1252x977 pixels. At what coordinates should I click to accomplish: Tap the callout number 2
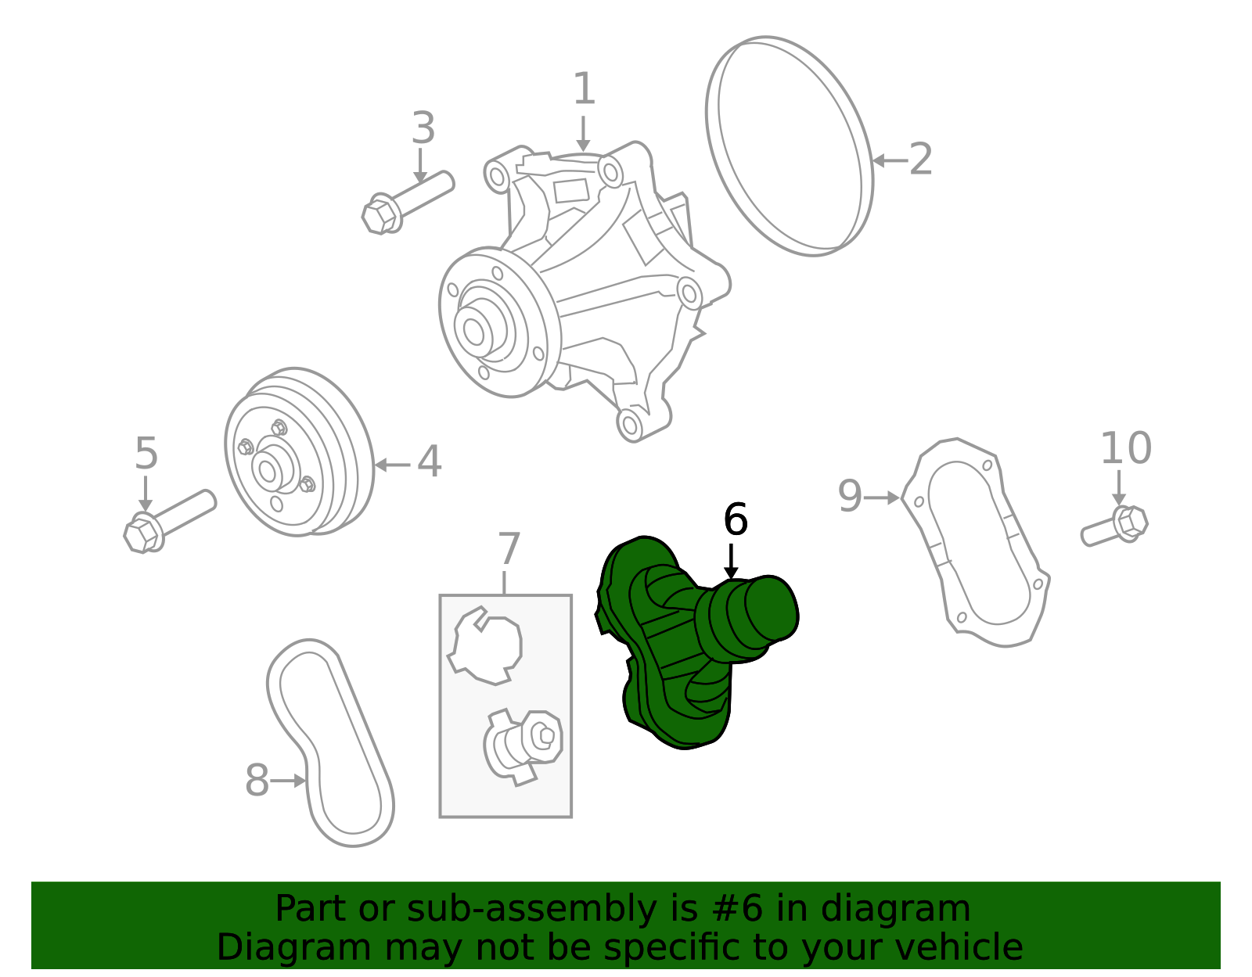pyautogui.click(x=921, y=160)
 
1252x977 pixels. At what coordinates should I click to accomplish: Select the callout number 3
pyautogui.click(x=423, y=128)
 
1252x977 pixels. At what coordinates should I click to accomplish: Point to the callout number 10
pyautogui.click(x=1125, y=448)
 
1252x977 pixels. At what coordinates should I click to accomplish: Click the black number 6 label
pyautogui.click(x=736, y=519)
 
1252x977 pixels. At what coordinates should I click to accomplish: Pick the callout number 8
pyautogui.click(x=257, y=781)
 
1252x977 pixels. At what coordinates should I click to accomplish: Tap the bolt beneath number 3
pyautogui.click(x=407, y=202)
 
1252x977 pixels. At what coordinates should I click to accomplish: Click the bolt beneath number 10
pyautogui.click(x=1114, y=526)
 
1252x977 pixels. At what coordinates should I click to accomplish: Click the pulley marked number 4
pyautogui.click(x=297, y=454)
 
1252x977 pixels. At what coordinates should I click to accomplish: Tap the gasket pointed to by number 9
pyautogui.click(x=975, y=543)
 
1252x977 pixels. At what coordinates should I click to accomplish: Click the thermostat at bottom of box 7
pyautogui.click(x=523, y=743)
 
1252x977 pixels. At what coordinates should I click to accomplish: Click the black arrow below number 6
pyautogui.click(x=731, y=562)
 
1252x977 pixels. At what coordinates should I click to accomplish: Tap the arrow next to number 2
pyautogui.click(x=889, y=160)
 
